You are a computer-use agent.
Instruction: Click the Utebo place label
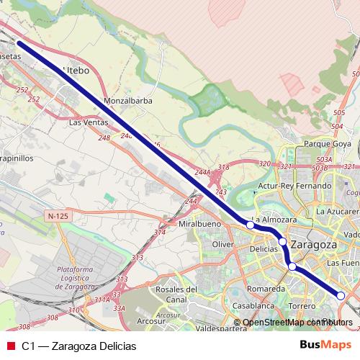[77, 70]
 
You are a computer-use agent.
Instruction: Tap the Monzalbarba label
[128, 101]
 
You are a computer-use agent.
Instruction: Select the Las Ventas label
[88, 122]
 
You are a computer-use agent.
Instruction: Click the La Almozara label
[274, 219]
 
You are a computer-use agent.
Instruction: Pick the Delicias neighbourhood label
[264, 248]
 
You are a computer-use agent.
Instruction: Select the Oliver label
[225, 245]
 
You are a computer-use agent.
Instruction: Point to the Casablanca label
[253, 305]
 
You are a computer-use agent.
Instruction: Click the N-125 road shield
[56, 216]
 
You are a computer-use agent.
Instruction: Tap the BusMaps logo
[325, 345]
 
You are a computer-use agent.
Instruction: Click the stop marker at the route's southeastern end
[341, 295]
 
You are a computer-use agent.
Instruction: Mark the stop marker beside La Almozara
[250, 225]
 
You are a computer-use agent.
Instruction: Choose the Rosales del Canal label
[176, 294]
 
